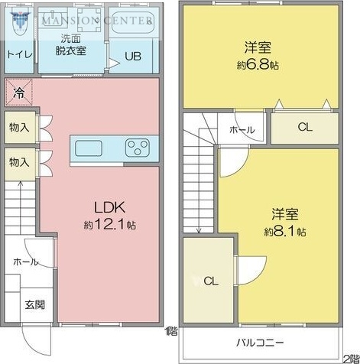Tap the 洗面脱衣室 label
click(74, 44)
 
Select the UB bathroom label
click(132, 56)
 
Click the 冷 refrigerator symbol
click(18, 93)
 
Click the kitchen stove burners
click(139, 146)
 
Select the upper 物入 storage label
click(18, 127)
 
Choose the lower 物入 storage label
click(18, 162)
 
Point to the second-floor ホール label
click(242, 130)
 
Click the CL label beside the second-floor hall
click(304, 128)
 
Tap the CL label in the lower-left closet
click(211, 281)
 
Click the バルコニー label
click(260, 343)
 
